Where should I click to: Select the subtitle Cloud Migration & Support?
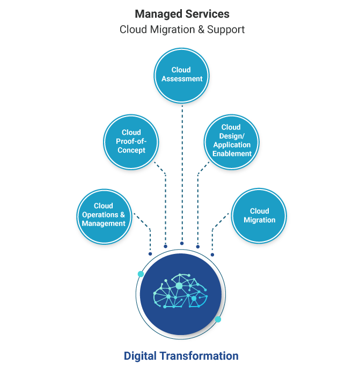coord(182,30)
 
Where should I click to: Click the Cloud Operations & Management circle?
coord(103,214)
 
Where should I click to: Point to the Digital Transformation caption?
coord(181,356)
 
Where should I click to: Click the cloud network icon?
coord(180,292)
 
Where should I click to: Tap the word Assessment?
coord(182,78)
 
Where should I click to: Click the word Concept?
coord(131,150)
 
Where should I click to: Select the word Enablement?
coord(232,154)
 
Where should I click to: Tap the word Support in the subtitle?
coord(227,30)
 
